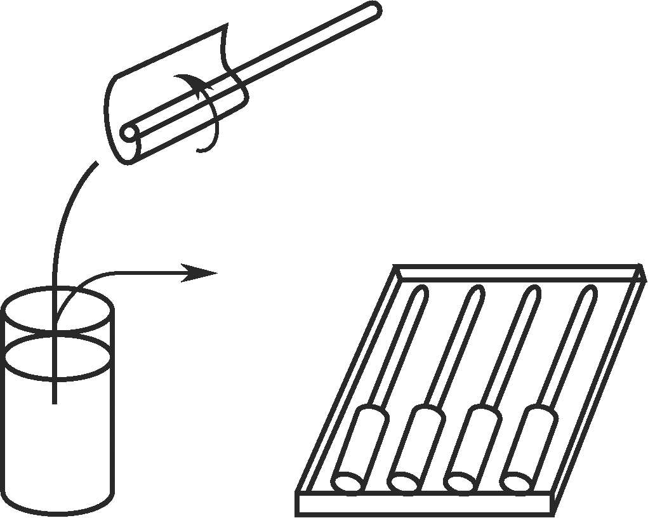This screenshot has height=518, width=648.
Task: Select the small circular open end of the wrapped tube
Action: pyautogui.click(x=129, y=134)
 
